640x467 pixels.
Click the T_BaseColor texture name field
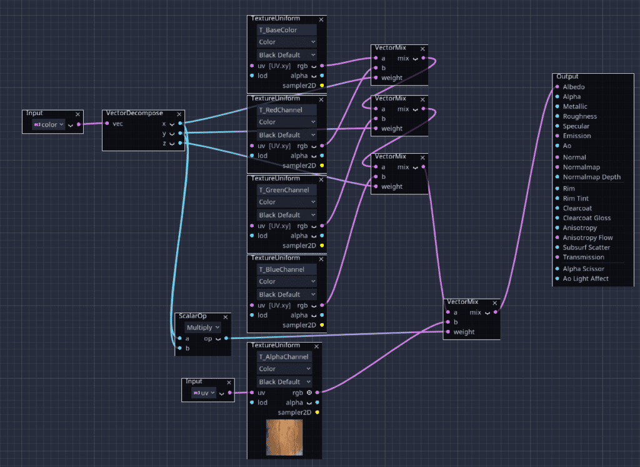[286, 30]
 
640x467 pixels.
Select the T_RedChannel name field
[286, 110]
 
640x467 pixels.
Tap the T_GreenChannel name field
[286, 190]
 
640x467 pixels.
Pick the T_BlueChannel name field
[286, 269]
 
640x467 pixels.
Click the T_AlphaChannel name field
[284, 357]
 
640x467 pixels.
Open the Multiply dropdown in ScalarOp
[203, 328]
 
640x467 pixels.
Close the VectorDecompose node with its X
[179, 114]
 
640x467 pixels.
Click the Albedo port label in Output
[574, 87]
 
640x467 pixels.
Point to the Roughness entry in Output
[579, 116]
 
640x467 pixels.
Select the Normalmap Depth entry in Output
[591, 177]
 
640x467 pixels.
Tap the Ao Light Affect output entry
[585, 278]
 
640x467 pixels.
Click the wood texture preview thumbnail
[284, 437]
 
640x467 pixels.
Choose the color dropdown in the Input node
[49, 124]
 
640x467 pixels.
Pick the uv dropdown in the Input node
[204, 393]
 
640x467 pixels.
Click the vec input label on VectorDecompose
[117, 124]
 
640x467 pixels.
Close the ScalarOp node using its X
[225, 317]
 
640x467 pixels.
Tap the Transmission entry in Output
[583, 257]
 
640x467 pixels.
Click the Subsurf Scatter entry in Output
[586, 248]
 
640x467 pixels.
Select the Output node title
[567, 77]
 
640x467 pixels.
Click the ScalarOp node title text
[192, 316]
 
